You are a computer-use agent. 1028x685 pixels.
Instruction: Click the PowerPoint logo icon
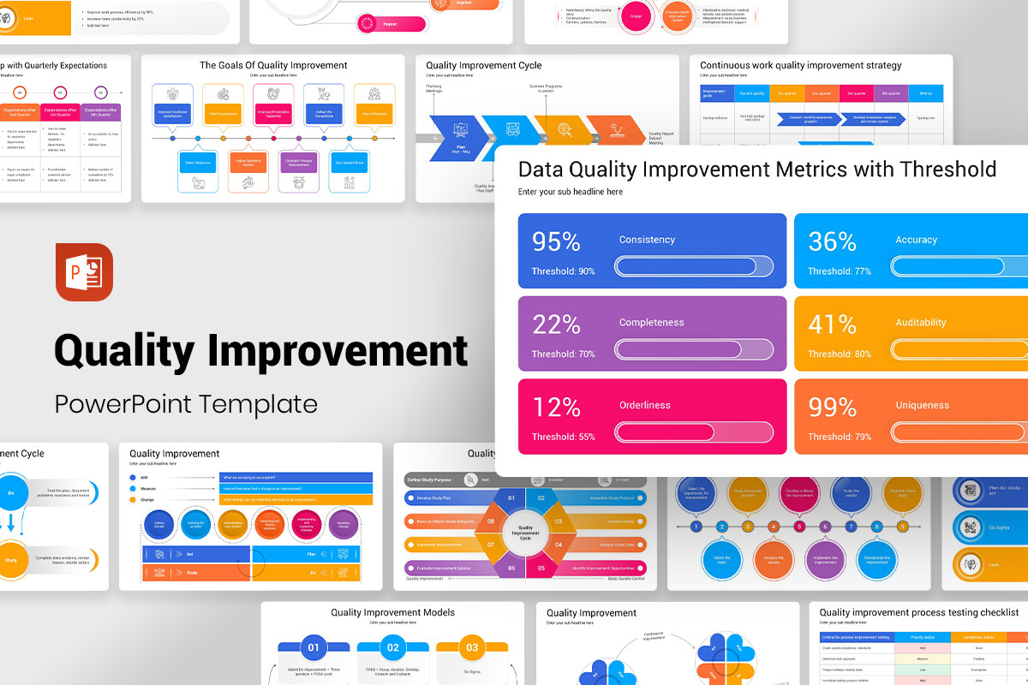(84, 272)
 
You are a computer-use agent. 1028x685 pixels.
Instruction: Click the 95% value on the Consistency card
(557, 242)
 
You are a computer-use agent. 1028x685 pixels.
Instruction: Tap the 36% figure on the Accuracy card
(833, 242)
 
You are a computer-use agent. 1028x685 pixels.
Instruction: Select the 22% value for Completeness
(557, 325)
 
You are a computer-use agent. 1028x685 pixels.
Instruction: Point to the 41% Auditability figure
(833, 325)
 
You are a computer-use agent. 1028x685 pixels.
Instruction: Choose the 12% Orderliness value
(557, 408)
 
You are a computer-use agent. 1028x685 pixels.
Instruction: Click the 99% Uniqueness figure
(833, 408)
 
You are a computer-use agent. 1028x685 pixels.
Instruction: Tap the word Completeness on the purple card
(651, 323)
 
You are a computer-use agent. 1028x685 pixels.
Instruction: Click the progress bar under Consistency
(694, 267)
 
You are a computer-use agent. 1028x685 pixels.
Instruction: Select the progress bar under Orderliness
(694, 432)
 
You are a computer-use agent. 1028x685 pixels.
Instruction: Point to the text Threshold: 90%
(563, 271)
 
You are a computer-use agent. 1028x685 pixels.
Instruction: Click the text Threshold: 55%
(563, 437)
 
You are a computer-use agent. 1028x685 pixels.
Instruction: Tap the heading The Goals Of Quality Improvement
(273, 65)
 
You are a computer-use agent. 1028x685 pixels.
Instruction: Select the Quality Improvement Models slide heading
(392, 612)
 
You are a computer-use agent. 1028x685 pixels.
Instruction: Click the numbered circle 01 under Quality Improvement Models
(314, 647)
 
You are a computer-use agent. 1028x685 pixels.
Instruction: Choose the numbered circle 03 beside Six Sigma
(472, 647)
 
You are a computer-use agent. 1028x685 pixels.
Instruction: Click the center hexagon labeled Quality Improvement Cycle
(525, 533)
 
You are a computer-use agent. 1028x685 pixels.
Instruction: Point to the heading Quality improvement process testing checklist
(919, 612)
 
